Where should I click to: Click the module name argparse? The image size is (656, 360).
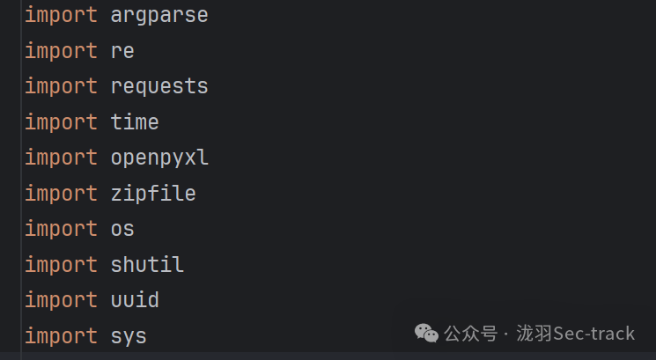pyautogui.click(x=159, y=15)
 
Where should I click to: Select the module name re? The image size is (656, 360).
pyautogui.click(x=122, y=51)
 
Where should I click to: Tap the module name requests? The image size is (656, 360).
pyautogui.click(x=159, y=86)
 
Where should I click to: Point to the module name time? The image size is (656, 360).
pyautogui.click(x=135, y=121)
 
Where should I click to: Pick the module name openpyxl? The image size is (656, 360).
pyautogui.click(x=159, y=158)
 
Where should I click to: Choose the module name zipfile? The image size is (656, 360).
pyautogui.click(x=153, y=193)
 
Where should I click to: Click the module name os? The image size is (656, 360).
pyautogui.click(x=122, y=229)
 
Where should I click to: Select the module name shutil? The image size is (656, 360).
pyautogui.click(x=147, y=264)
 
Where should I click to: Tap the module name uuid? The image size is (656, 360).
pyautogui.click(x=135, y=300)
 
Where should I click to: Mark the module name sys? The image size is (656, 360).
pyautogui.click(x=129, y=335)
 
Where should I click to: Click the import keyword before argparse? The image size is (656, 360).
pyautogui.click(x=61, y=15)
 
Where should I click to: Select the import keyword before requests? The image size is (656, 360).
pyautogui.click(x=61, y=86)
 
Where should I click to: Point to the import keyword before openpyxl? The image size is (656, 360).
pyautogui.click(x=61, y=158)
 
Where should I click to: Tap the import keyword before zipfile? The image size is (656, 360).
pyautogui.click(x=61, y=193)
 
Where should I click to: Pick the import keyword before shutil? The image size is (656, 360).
pyautogui.click(x=61, y=264)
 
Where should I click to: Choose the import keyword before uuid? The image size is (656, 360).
pyautogui.click(x=61, y=300)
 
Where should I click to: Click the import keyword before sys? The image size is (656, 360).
pyautogui.click(x=61, y=335)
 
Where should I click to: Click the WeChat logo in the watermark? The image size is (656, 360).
pyautogui.click(x=426, y=333)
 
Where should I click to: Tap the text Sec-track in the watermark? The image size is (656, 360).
pyautogui.click(x=594, y=334)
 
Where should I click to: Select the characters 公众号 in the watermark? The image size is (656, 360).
pyautogui.click(x=470, y=334)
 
